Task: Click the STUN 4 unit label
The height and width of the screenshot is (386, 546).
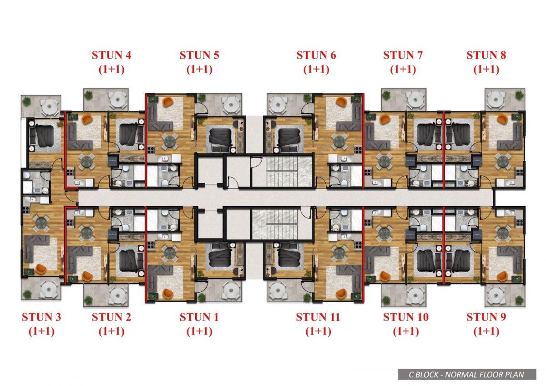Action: click(x=111, y=55)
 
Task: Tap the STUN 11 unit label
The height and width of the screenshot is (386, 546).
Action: click(x=318, y=317)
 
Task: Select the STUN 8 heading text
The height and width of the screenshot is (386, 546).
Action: click(x=486, y=55)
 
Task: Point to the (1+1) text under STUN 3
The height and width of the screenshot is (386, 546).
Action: click(x=41, y=331)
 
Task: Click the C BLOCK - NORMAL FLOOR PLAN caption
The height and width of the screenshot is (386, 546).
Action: click(x=466, y=375)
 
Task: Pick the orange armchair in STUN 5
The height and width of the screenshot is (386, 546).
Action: click(x=167, y=101)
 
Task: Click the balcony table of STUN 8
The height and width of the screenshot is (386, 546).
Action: click(x=495, y=100)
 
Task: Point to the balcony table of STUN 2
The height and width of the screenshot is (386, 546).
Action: click(x=118, y=296)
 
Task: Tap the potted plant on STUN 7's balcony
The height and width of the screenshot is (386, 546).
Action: click(x=386, y=95)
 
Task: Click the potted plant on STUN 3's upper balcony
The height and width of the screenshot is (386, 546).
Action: click(x=27, y=101)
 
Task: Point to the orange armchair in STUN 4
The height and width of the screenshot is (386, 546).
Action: click(x=87, y=119)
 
